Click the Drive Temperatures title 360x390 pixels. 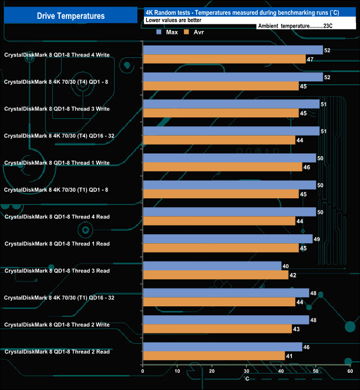70,16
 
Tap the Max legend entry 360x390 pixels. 167,32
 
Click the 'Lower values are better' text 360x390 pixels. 173,20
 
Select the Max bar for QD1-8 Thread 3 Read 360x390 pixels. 212,266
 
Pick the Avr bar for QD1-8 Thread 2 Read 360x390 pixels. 214,356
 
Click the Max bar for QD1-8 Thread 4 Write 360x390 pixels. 233,50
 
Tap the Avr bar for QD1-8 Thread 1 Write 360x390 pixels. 222,167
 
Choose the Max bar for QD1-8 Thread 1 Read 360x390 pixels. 227,239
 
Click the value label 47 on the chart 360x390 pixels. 310,59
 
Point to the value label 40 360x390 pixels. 286,266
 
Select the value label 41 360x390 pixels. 289,356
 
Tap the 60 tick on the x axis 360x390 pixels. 350,371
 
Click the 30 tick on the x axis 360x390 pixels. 246,371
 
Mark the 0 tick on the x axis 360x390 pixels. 143,371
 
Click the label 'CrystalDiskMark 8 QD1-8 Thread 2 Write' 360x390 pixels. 57,325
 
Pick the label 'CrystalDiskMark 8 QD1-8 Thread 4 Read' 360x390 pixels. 57,217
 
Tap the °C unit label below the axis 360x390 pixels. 247,378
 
